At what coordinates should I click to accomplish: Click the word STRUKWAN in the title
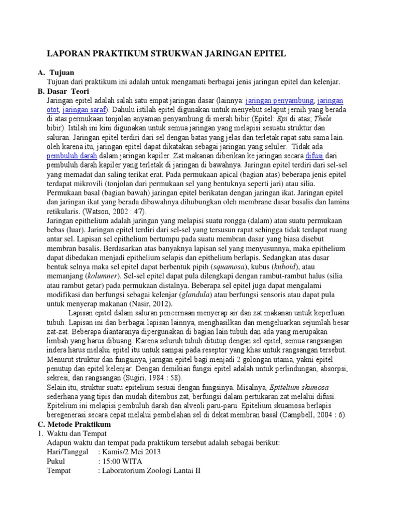click(170, 53)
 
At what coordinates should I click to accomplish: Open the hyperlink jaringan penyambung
click(280, 100)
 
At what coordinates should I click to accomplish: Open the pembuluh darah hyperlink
click(69, 155)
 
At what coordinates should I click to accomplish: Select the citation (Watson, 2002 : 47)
click(115, 212)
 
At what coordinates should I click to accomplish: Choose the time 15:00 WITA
click(123, 461)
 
